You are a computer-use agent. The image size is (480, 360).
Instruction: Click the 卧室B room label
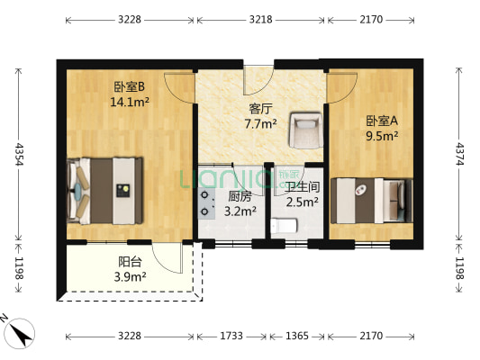[x=130, y=87]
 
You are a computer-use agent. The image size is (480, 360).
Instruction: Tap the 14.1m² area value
[x=130, y=102]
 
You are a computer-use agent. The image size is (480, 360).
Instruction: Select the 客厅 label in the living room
[x=261, y=110]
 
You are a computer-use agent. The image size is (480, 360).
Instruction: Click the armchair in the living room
[x=303, y=132]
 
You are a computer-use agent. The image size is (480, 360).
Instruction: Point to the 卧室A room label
[x=381, y=121]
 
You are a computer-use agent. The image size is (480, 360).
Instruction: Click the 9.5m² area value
[x=381, y=137]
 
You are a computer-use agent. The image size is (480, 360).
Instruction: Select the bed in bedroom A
[x=371, y=200]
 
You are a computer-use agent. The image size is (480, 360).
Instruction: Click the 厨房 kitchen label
[x=239, y=196]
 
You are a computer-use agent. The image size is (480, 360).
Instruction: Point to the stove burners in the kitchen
[x=206, y=203]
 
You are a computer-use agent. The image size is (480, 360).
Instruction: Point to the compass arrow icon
[x=20, y=334]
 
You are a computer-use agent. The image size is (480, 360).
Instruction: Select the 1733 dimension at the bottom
[x=232, y=336]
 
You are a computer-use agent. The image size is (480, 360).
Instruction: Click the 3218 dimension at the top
[x=261, y=17]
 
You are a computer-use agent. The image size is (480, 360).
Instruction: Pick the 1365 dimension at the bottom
[x=297, y=336]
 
